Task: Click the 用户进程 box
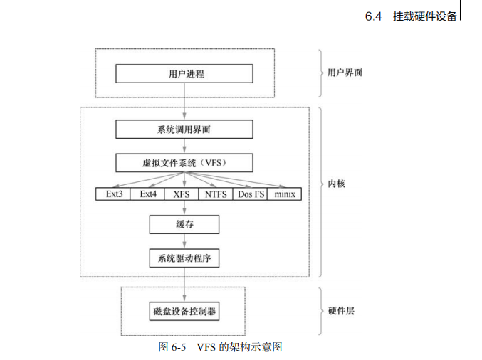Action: coord(184,73)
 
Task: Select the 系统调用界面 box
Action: coord(184,129)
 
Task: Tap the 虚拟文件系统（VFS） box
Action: coord(184,163)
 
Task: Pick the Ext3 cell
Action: coord(113,194)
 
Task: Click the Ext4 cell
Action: coord(147,194)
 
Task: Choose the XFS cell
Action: coord(181,194)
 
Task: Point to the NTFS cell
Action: coord(216,194)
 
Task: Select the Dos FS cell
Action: coord(251,194)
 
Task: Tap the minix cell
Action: coord(285,194)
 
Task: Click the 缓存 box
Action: coord(184,225)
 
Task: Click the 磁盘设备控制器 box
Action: coord(184,312)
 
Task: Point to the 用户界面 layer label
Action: coord(345,73)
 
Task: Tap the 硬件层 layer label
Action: coord(341,312)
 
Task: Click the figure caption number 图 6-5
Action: coord(172,347)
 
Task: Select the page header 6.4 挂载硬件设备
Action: coord(411,16)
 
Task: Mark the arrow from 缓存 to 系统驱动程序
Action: coord(184,241)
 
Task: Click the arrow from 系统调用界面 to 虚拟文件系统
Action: coord(184,147)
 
